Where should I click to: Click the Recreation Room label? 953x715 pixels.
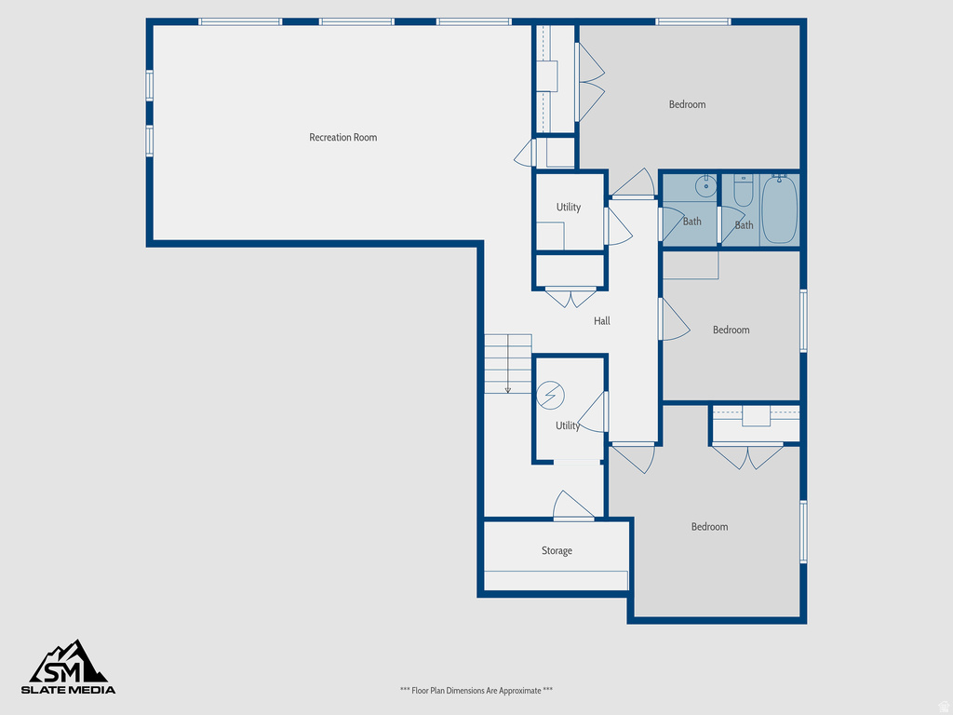point(342,138)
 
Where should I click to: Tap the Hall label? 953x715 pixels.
point(602,321)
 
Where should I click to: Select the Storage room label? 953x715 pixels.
point(557,551)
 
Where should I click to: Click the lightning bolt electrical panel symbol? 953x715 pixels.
point(551,396)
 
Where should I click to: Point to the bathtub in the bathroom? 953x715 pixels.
point(779,209)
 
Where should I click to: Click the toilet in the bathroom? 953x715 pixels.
point(743,193)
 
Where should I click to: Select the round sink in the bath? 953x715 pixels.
point(706,184)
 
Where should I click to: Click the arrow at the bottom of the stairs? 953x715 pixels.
point(507,389)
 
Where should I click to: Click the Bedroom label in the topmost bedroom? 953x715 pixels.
point(687,104)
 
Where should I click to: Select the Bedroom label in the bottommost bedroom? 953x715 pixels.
point(709,527)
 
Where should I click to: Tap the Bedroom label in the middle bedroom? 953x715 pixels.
point(731,330)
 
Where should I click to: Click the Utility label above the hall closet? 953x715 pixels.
point(569,208)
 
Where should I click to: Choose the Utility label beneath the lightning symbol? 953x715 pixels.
point(567,426)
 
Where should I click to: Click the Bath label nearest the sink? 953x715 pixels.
point(692,222)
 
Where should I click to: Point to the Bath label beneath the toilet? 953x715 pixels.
point(744,225)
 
